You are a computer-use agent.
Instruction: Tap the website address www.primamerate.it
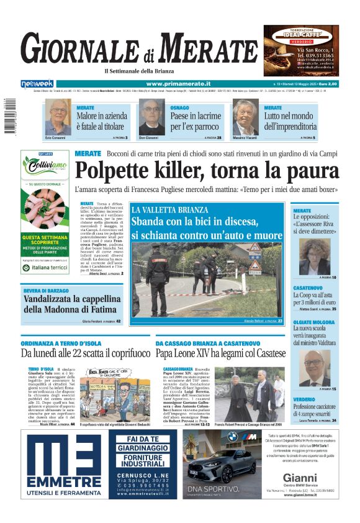(178, 83)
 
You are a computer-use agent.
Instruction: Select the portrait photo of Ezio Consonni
(58, 117)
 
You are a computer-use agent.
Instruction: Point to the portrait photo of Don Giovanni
(151, 117)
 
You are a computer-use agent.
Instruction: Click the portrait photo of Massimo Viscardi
(245, 117)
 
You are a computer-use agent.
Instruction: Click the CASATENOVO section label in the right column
(307, 288)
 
